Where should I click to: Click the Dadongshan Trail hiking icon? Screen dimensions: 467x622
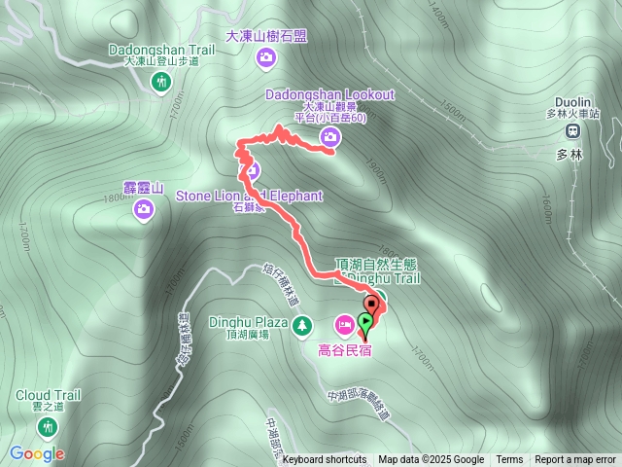(x=161, y=84)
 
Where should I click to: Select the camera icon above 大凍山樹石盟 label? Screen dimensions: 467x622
(x=266, y=60)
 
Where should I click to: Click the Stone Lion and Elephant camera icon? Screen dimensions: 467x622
(x=251, y=172)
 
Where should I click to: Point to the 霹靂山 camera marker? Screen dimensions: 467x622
(x=145, y=208)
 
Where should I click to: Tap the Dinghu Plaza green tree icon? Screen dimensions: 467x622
(x=302, y=323)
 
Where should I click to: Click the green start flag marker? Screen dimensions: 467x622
(x=365, y=322)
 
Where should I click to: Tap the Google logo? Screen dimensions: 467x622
(x=37, y=453)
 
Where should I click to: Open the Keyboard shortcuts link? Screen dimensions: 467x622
(x=325, y=460)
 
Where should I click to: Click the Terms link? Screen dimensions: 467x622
(x=509, y=460)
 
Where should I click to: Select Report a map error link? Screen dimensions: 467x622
(x=575, y=460)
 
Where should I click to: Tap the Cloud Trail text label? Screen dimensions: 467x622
(x=48, y=395)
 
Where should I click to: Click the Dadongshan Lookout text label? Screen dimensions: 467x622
(x=330, y=94)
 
